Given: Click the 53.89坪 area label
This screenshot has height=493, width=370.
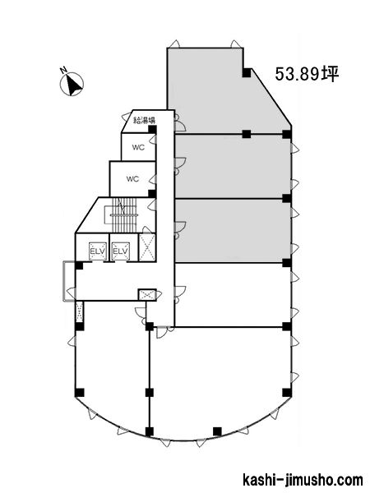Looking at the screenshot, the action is click(307, 75).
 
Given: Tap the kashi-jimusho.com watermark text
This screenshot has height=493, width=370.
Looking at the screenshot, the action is click(303, 481).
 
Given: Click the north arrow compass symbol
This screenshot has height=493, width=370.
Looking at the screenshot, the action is click(72, 84).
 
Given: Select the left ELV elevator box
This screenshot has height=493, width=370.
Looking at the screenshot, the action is click(97, 251).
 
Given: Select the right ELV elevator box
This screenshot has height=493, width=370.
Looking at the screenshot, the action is click(121, 251).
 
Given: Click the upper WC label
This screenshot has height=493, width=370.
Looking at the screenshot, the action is click(138, 147).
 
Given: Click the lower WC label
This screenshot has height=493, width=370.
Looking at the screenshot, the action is click(132, 179).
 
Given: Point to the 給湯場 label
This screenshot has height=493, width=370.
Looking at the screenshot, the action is click(144, 119).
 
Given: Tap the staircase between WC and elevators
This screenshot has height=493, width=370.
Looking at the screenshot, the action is click(123, 214).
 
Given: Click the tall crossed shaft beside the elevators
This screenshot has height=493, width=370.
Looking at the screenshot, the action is click(147, 247).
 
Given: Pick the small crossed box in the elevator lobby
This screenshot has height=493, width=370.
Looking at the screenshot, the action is click(147, 295).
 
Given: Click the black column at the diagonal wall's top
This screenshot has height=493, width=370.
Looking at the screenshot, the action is click(247, 72).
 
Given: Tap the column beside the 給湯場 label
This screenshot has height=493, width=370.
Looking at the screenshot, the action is click(153, 129).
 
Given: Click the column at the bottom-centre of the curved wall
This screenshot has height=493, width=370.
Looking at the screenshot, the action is click(217, 431).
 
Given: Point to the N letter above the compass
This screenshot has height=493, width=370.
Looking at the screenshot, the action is click(64, 71).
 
